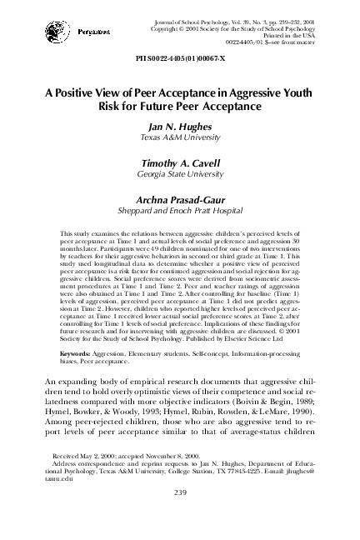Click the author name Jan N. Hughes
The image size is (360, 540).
pyautogui.click(x=181, y=127)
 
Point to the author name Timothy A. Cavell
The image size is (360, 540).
pyautogui.click(x=181, y=165)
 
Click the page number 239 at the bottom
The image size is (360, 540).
pyautogui.click(x=180, y=517)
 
